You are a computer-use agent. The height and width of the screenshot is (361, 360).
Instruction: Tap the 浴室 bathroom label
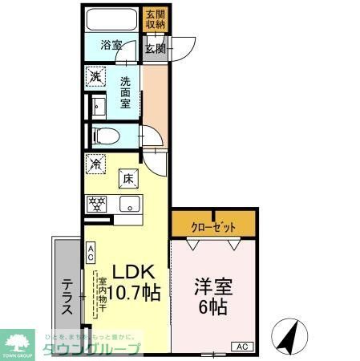pyautogui.click(x=111, y=46)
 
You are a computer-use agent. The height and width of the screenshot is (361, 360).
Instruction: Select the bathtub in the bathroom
pyautogui.click(x=112, y=19)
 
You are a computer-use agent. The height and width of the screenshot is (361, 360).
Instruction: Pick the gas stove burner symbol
pyautogui.click(x=96, y=204)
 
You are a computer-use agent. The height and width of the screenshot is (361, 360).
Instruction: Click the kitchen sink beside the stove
pyautogui.click(x=128, y=204)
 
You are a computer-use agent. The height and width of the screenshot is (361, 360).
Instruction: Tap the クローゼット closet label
pyautogui.click(x=214, y=227)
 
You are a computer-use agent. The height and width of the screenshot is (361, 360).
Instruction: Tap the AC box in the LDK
pyautogui.click(x=91, y=254)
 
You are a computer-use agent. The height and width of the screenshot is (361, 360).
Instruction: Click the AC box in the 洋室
pyautogui.click(x=241, y=346)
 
